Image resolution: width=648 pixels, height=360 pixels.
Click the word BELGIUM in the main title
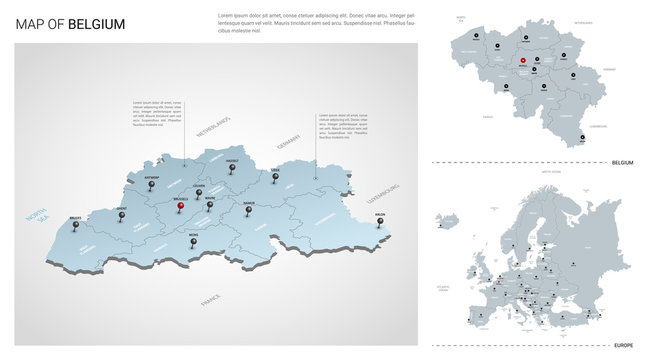coord(97,24)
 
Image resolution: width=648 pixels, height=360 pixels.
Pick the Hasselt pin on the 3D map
coord(234,168)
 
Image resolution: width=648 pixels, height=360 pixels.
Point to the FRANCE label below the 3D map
coord(210,299)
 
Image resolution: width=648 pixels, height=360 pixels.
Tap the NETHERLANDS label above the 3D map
coord(212,127)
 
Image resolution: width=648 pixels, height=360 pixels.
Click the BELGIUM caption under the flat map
coord(621,162)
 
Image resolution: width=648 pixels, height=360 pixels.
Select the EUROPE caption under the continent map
coord(624,345)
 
